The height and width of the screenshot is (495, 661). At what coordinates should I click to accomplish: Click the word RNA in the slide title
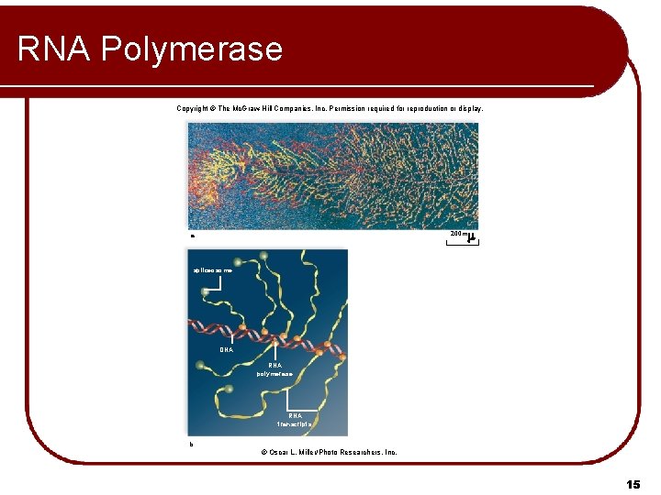tap(54, 49)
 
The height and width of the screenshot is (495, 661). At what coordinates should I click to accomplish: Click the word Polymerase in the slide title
tap(192, 49)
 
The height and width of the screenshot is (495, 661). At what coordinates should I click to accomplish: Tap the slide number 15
tap(633, 483)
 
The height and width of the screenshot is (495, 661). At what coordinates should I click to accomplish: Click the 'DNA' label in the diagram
tap(227, 349)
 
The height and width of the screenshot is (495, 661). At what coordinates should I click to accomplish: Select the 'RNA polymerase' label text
tap(275, 370)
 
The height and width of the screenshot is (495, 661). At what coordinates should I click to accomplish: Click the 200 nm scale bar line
tap(461, 243)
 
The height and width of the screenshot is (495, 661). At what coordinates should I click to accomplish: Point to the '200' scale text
tap(455, 235)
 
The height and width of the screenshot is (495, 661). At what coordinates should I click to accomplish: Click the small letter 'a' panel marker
tap(192, 236)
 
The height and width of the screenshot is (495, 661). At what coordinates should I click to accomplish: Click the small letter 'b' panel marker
tap(191, 444)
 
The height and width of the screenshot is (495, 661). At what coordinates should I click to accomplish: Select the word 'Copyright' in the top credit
tap(193, 108)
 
